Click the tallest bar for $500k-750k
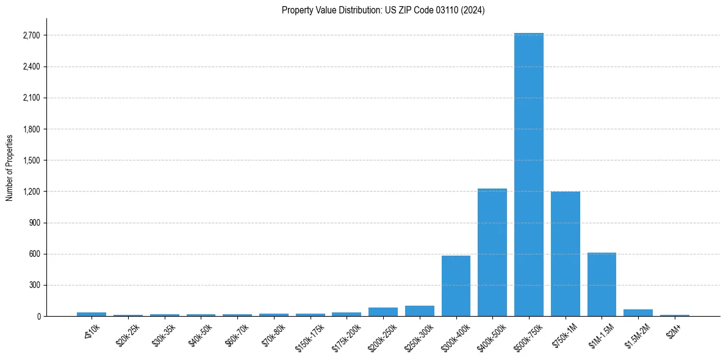pyautogui.click(x=528, y=175)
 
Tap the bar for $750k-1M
pyautogui.click(x=565, y=254)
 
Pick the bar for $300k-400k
pyautogui.click(x=456, y=286)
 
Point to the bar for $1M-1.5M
pyautogui.click(x=602, y=284)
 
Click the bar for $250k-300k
pyautogui.click(x=419, y=311)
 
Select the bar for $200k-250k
pyautogui.click(x=383, y=312)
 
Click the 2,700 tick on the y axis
pyautogui.click(x=31, y=35)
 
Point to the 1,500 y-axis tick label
pyautogui.click(x=31, y=160)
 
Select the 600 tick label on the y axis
pyautogui.click(x=34, y=254)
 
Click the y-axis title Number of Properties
pyautogui.click(x=9, y=167)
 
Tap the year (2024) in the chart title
pyautogui.click(x=474, y=10)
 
